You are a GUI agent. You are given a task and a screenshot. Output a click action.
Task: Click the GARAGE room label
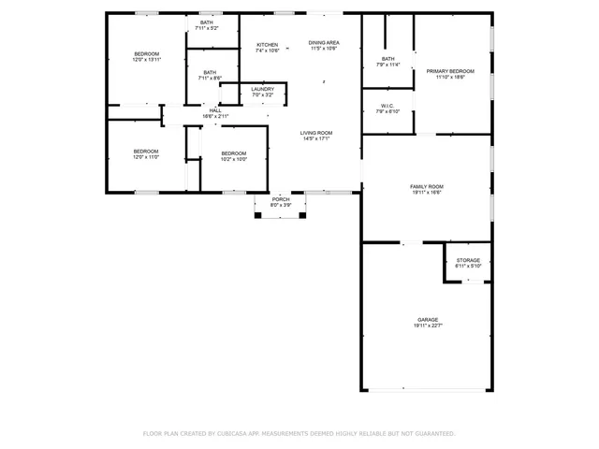[427, 319]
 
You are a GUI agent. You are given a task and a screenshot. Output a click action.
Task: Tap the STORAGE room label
[468, 260]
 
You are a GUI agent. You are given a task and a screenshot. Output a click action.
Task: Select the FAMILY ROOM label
[427, 186]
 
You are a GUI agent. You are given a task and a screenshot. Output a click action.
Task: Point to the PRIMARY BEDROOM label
[450, 71]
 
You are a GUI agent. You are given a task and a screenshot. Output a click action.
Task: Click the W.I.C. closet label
[387, 105]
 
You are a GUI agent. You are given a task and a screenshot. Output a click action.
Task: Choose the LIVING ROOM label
[316, 133]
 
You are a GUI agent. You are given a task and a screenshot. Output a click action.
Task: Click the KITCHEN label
[268, 45]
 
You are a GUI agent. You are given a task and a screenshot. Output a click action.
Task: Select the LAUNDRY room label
[262, 89]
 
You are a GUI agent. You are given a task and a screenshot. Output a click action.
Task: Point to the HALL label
[215, 110]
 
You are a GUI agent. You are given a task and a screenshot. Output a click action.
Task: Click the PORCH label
[281, 199]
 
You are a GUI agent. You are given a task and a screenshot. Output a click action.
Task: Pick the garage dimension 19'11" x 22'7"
[427, 326]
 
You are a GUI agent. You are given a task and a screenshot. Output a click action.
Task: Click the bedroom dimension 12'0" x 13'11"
[146, 60]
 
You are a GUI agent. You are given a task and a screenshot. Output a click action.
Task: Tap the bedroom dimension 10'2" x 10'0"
[233, 159]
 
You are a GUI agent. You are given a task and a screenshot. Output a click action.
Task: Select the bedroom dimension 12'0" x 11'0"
[146, 157]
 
